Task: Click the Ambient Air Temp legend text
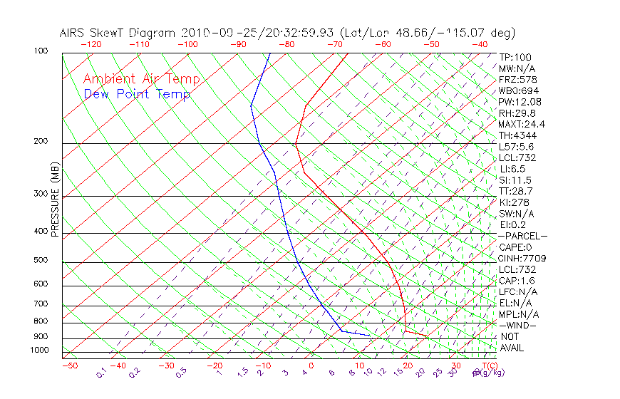(x=142, y=79)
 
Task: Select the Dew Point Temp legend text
(x=137, y=94)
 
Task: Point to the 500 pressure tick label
(x=40, y=261)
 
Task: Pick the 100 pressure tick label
(x=40, y=51)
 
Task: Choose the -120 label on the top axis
(x=91, y=44)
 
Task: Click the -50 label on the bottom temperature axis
(x=69, y=366)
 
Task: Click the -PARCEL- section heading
(x=522, y=236)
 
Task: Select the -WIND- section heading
(x=517, y=326)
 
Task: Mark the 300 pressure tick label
(x=40, y=194)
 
